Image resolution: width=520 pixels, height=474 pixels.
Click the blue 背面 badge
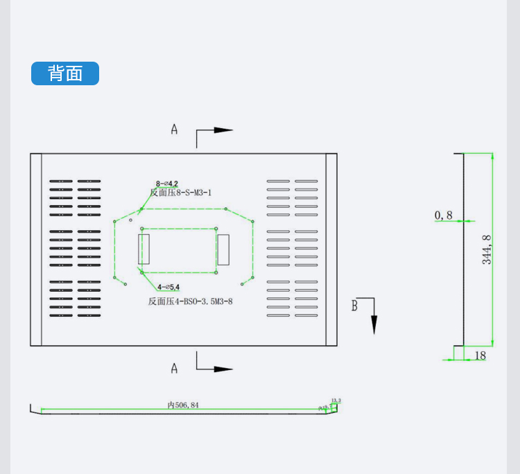coord(65,73)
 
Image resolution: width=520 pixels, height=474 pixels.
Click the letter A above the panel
coord(174,129)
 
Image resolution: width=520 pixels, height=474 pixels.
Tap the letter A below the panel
coord(174,368)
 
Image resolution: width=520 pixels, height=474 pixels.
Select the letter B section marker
coord(354,306)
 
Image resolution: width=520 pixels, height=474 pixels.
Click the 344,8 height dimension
coord(487,249)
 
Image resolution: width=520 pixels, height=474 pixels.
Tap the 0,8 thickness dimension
coord(444,216)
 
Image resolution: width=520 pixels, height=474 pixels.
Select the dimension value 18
coord(480,355)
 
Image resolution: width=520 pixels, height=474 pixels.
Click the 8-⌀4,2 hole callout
coord(167,184)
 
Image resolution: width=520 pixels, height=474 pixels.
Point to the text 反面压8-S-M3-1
coord(180,193)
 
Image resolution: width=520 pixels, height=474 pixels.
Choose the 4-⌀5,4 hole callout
coord(168,287)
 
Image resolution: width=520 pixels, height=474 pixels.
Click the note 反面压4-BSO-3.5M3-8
coord(190,301)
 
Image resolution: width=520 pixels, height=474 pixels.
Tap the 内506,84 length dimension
coord(183,405)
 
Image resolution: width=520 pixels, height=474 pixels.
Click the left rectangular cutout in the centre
coord(144,249)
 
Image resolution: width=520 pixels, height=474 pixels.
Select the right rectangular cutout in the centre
coord(223,249)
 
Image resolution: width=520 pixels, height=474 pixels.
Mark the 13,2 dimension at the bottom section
coord(336,401)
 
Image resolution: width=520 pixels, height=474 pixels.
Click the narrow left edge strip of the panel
coord(36,249)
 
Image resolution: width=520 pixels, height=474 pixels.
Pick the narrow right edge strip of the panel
coord(331,249)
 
